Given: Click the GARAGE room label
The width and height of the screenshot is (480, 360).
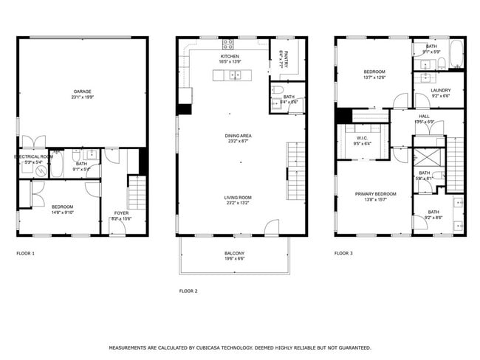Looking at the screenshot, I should (x=82, y=91).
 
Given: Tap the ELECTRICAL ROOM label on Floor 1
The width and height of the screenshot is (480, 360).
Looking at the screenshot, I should (x=33, y=156).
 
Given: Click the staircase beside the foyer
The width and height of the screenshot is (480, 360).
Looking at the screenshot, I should (x=138, y=193).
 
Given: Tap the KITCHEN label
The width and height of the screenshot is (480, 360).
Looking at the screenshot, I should (x=230, y=56).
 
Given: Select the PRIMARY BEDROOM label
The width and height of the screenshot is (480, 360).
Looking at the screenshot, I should (x=376, y=194).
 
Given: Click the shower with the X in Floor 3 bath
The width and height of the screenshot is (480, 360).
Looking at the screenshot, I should (x=425, y=157).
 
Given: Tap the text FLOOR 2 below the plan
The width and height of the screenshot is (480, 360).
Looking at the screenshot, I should (x=188, y=291).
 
